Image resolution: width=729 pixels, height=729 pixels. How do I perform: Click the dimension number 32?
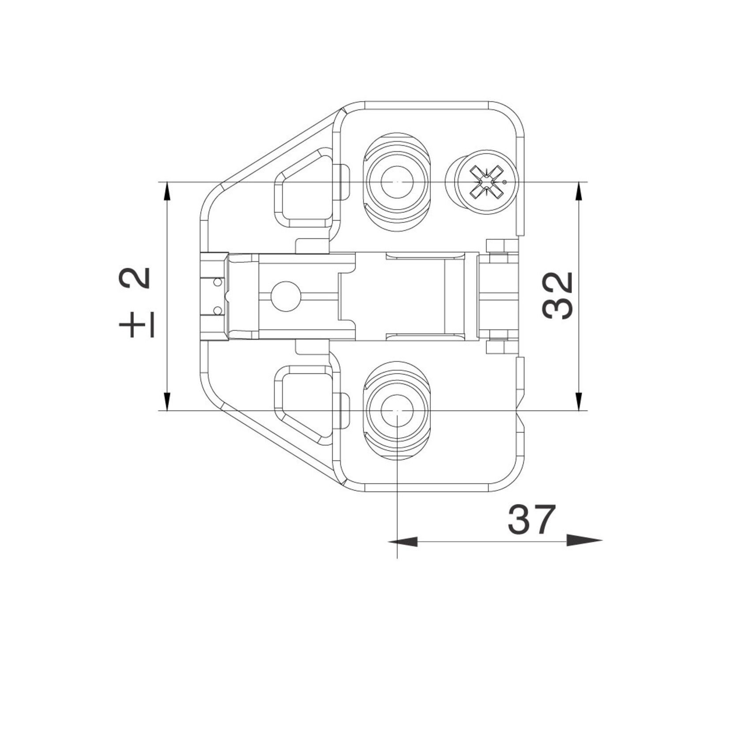pos(558,296)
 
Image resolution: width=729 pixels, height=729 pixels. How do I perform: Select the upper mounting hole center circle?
pos(397,182)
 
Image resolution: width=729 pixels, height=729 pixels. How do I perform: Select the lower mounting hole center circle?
pos(397,410)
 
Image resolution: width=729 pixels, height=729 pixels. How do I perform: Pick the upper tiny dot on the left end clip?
pos(217,282)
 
